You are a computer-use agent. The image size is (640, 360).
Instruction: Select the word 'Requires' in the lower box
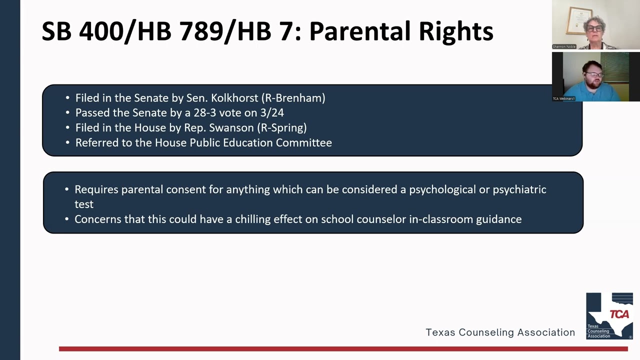96,189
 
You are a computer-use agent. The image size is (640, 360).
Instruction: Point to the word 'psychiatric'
519,189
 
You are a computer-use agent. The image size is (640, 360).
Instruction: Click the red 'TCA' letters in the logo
619,314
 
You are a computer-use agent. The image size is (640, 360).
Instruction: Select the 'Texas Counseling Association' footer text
500,332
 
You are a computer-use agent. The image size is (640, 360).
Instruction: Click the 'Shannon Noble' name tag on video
564,46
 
